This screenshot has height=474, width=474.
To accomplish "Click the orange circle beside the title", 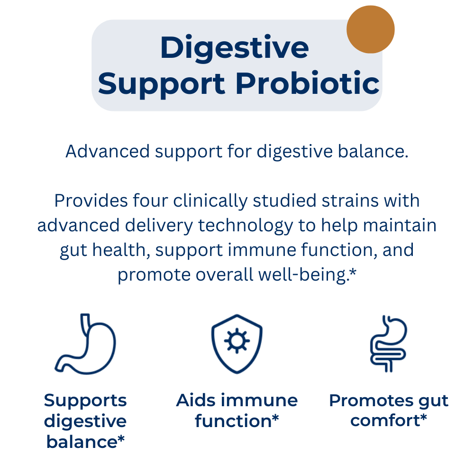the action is coord(370,29).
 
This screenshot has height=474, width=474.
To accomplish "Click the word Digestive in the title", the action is coord(235,48).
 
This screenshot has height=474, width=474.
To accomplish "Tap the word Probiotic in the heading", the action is coord(308,83).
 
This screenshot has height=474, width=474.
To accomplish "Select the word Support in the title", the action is coord(161,85).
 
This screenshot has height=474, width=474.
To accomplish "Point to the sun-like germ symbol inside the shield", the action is coord(237,341).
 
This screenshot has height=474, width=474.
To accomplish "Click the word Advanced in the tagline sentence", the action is coord(108,151).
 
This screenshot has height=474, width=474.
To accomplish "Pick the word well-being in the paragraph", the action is coord(302,275).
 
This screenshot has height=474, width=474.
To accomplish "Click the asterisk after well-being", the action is coord(353,273).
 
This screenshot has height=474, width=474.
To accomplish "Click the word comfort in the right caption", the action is coord(385,420).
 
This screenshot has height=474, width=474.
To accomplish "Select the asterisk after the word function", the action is coord(275,419).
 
